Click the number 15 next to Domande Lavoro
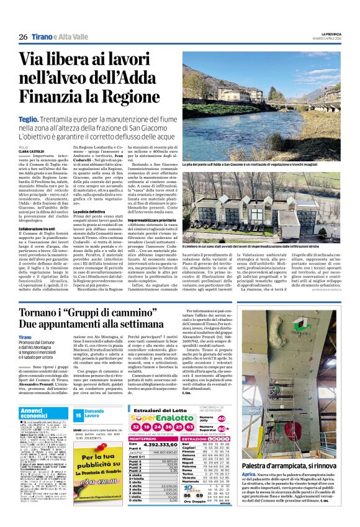point(79,414)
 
